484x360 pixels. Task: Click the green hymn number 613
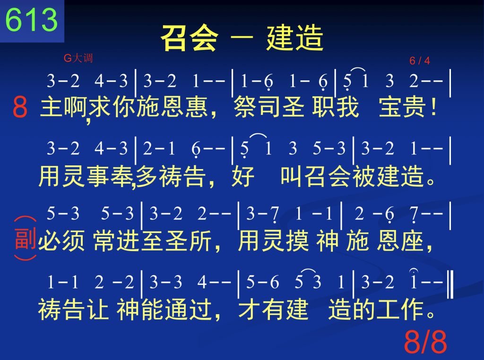(x=32, y=19)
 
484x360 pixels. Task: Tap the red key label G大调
(x=78, y=58)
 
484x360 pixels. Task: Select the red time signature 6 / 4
(x=420, y=60)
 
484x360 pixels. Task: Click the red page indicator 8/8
(x=425, y=341)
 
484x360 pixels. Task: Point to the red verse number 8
(x=20, y=106)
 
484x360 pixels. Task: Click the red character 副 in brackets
(x=26, y=239)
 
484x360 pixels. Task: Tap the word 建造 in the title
(x=295, y=38)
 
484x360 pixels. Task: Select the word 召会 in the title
(x=189, y=38)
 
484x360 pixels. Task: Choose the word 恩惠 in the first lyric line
(x=184, y=107)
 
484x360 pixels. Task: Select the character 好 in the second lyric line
(x=243, y=176)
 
